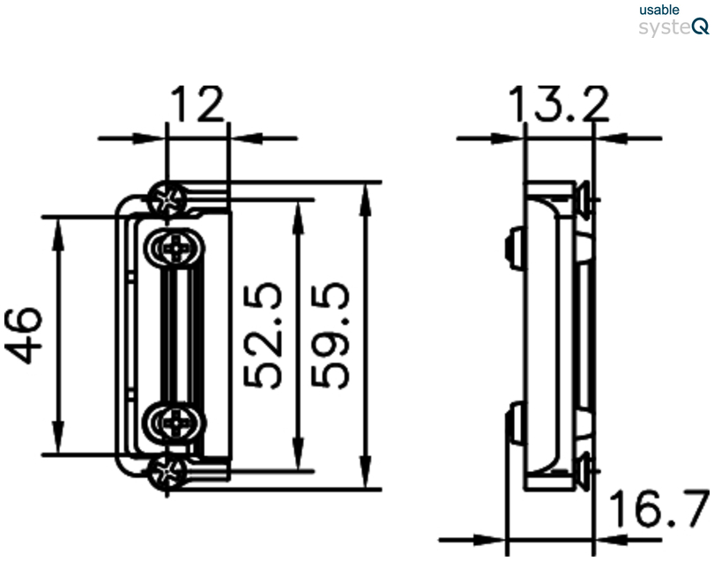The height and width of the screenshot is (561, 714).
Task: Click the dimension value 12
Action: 197,106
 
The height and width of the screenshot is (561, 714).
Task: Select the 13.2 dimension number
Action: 558,106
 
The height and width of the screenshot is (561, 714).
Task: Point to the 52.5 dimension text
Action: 264,335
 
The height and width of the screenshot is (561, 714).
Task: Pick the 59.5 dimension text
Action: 334,335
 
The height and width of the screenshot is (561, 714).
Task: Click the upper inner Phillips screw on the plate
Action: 176,250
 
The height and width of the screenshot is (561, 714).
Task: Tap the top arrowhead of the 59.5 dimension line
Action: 363,193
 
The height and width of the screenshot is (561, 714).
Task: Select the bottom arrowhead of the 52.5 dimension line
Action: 299,459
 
